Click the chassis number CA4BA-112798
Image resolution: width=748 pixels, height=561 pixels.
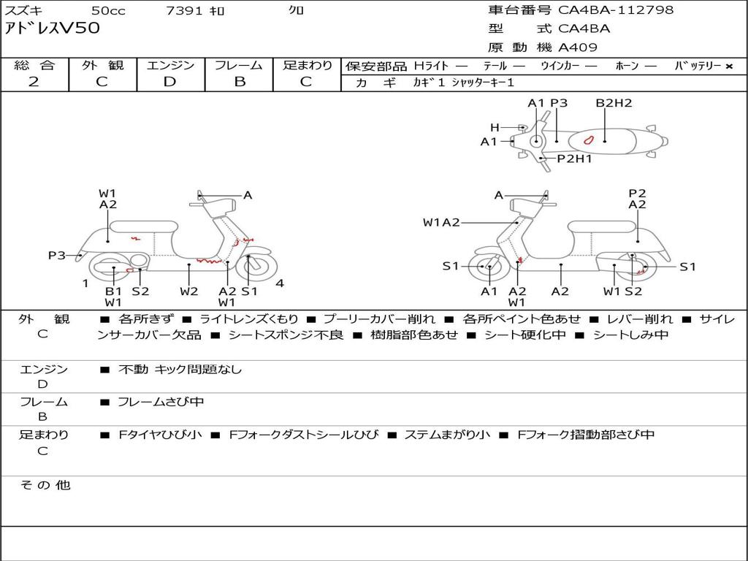616,10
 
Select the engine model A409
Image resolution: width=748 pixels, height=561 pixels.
578,47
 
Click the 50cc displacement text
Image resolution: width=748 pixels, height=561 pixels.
107,11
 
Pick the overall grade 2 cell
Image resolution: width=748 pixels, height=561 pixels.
34,82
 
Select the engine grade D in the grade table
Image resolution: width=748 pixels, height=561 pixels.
169,82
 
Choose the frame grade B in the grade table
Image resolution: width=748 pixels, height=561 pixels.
239,82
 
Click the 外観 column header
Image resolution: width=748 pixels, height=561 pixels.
102,66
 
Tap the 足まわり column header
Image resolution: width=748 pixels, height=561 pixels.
307,66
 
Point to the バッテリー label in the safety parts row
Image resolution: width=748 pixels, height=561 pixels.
698,66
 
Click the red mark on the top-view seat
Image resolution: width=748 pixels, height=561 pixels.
589,139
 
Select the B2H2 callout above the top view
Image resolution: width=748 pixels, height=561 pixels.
614,104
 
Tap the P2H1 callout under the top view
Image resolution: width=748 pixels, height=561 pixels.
574,159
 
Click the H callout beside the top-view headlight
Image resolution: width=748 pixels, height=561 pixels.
495,127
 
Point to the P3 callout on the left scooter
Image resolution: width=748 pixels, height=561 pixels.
56,255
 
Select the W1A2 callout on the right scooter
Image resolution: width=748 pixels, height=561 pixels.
441,223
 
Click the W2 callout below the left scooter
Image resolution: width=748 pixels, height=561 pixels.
189,291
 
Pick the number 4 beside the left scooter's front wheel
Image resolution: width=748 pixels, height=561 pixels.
280,283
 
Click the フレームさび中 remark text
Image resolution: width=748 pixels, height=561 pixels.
161,402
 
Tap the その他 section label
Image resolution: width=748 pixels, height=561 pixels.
45,485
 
